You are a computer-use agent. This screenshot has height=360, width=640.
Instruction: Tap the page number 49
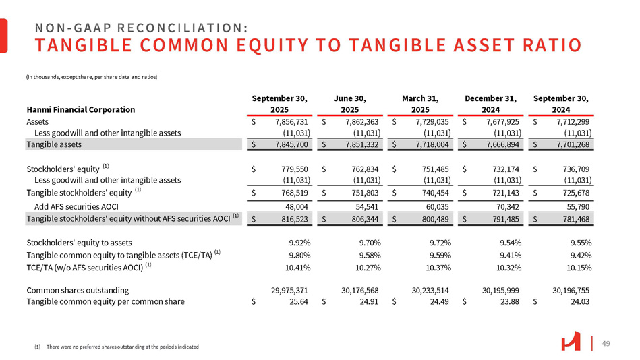(606, 342)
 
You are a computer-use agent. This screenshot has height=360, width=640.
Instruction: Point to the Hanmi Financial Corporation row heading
(80, 109)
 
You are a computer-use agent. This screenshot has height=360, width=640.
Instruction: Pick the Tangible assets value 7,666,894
(500, 144)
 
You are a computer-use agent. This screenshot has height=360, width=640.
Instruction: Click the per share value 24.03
(581, 302)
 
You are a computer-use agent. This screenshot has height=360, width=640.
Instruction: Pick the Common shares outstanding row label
(78, 291)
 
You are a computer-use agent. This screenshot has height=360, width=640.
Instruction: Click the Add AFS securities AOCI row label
(70, 206)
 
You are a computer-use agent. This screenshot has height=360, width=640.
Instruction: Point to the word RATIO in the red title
(548, 46)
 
